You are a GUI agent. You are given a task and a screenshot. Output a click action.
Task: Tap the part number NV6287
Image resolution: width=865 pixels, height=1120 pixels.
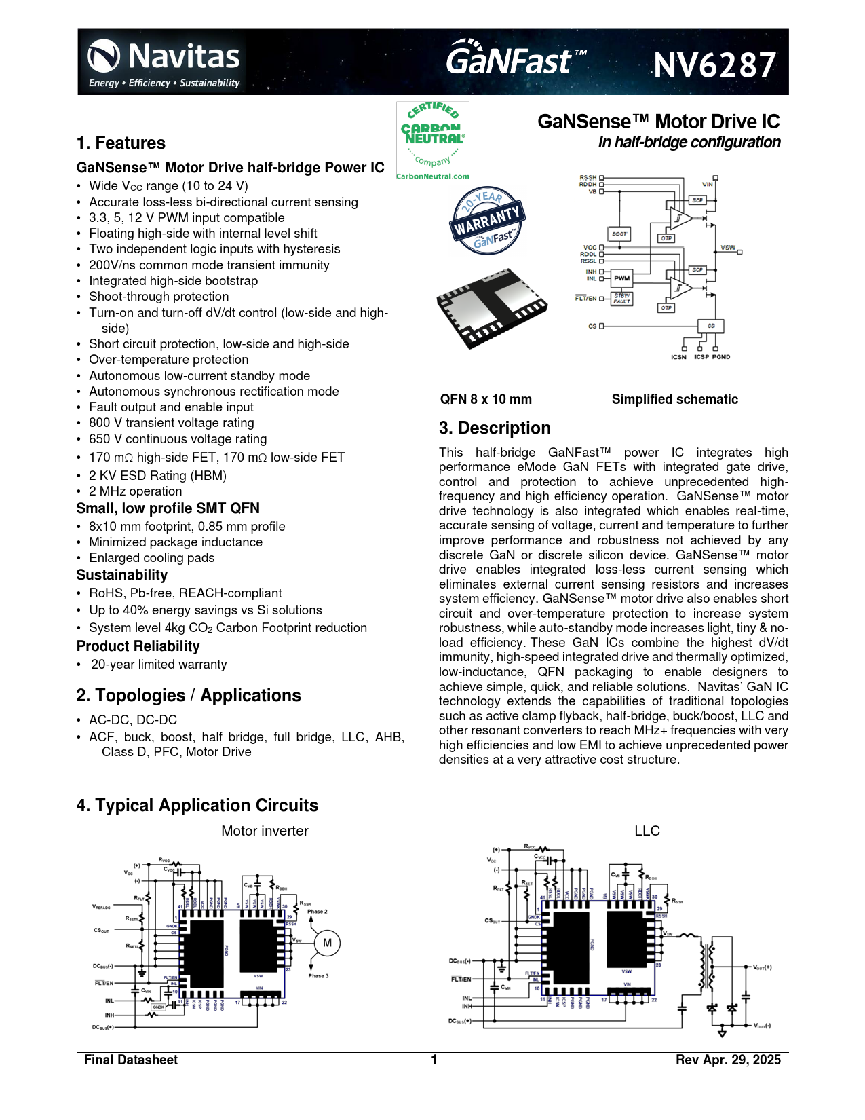[714, 66]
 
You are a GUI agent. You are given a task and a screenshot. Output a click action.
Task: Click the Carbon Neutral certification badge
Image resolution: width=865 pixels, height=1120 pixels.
[432, 141]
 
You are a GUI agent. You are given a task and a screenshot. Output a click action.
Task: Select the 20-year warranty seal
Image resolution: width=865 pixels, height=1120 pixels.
[487, 221]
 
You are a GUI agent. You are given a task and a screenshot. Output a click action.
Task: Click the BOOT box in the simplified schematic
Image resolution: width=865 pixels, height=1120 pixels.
[619, 234]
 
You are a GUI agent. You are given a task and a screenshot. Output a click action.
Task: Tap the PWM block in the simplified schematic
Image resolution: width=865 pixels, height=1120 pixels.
[621, 278]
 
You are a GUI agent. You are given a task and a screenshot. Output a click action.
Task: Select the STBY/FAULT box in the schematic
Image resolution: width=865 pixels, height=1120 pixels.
[621, 299]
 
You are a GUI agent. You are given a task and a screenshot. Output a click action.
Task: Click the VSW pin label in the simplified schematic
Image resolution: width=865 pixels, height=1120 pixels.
[727, 248]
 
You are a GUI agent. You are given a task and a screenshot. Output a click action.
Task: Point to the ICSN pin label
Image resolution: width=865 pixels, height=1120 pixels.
[678, 357]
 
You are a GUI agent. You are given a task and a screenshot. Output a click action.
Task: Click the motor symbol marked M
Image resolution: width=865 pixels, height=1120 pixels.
[327, 943]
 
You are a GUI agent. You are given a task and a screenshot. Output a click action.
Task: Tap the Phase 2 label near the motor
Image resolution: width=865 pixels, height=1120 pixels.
[317, 912]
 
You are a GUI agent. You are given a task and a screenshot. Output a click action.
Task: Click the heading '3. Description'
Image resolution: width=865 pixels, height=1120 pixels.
[495, 428]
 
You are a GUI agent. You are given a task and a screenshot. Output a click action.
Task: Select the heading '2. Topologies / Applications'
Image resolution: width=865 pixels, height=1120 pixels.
[189, 696]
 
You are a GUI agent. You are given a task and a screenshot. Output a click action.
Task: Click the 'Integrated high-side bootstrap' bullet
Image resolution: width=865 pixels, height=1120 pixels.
[173, 281]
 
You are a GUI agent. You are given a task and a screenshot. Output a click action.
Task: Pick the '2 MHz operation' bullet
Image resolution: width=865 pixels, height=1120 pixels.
[135, 491]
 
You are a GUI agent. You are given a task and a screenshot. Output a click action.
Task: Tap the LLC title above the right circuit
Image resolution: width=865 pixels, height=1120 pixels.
[647, 831]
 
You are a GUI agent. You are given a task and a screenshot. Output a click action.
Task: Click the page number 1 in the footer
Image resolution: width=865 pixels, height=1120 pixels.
[434, 1060]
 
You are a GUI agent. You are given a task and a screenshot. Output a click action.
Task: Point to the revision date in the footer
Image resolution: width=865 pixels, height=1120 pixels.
[728, 1060]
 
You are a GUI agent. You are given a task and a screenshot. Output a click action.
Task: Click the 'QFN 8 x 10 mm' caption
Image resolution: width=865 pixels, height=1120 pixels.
[486, 400]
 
